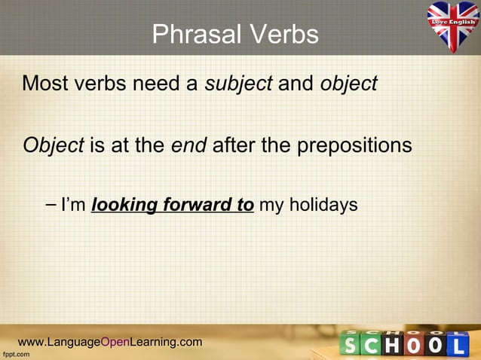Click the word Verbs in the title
(280, 34)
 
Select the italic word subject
(239, 84)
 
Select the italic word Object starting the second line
(53, 145)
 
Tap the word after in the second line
(234, 144)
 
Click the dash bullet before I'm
(51, 204)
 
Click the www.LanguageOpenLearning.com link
(110, 342)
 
